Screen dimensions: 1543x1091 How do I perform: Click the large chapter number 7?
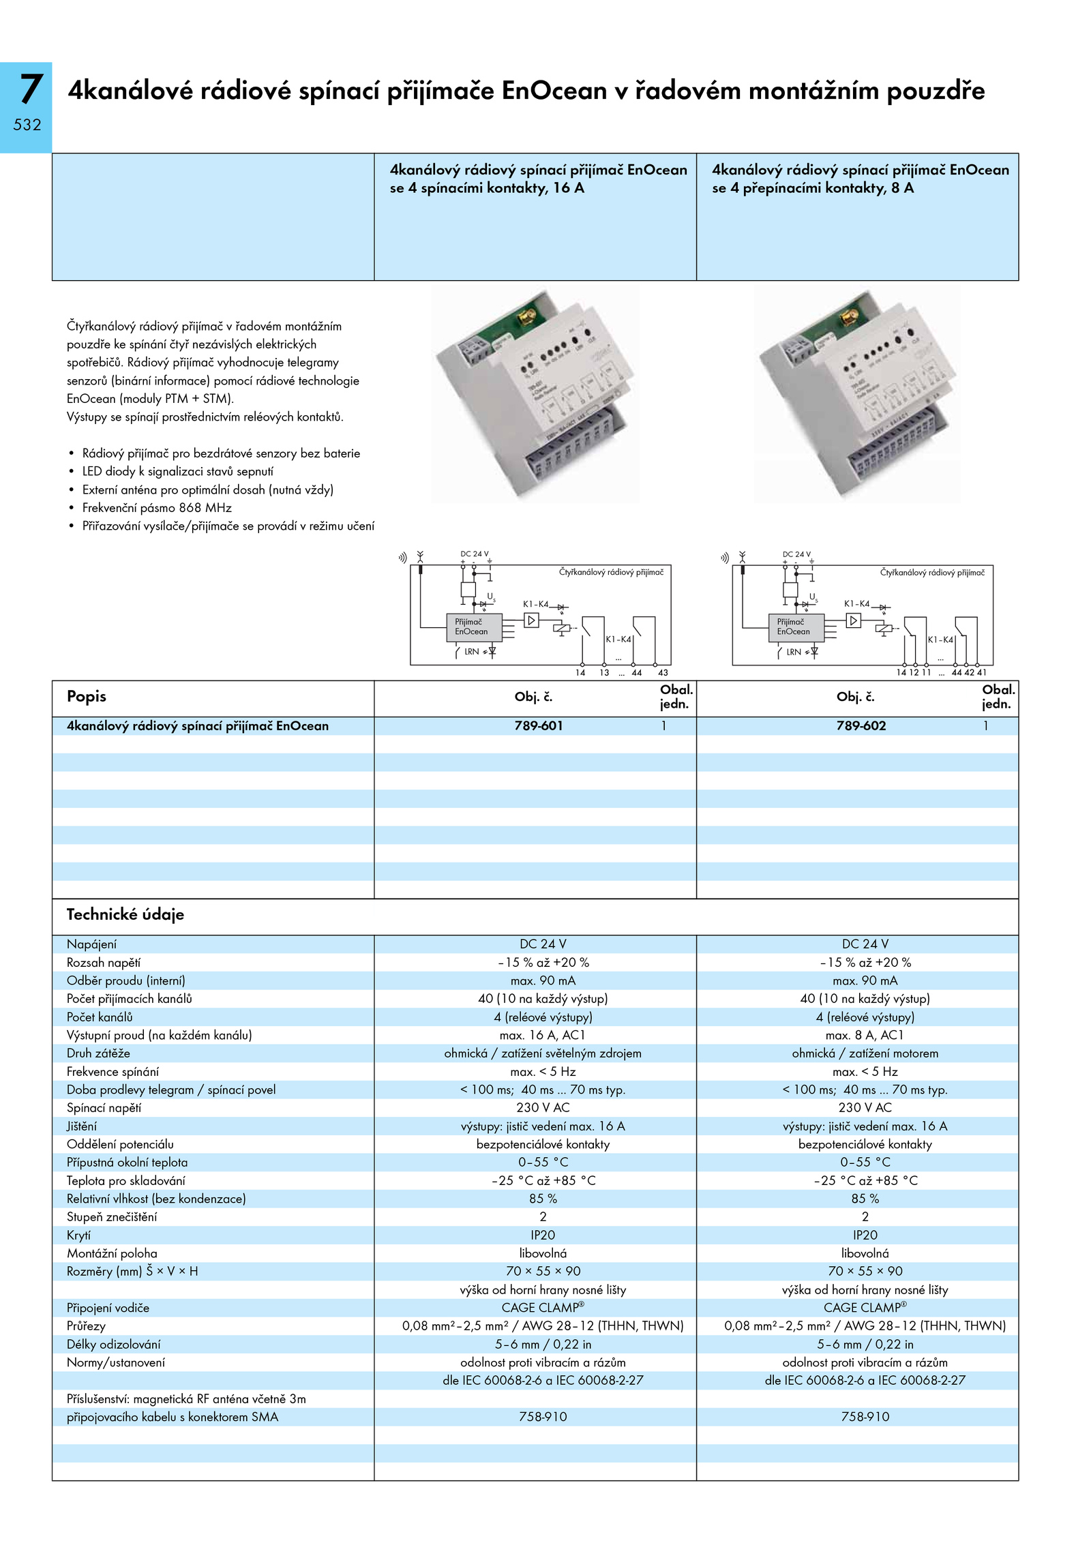30,89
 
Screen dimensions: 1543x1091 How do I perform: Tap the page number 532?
27,125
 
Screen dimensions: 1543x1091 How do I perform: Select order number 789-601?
539,726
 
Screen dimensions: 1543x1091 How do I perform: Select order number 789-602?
861,726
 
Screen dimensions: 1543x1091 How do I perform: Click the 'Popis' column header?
87,696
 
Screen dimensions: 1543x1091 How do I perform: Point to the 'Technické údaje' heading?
125,915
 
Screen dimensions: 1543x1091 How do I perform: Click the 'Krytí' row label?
78,1235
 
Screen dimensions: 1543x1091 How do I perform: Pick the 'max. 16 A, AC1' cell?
543,1035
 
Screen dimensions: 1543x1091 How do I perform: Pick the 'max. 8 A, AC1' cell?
865,1035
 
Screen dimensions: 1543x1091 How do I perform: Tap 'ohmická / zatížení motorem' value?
865,1053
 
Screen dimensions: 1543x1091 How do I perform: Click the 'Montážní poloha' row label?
112,1253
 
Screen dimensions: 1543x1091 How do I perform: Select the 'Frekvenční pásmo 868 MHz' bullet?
157,508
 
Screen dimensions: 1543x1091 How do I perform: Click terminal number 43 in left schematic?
663,673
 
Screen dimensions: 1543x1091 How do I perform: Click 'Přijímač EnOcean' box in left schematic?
474,627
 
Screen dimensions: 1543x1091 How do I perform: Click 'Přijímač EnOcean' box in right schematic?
796,627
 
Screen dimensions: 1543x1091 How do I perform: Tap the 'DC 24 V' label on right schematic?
796,554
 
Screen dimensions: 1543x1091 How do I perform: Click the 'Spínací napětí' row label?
104,1108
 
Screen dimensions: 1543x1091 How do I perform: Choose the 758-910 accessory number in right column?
865,1417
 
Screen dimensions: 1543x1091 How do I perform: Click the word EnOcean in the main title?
554,91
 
